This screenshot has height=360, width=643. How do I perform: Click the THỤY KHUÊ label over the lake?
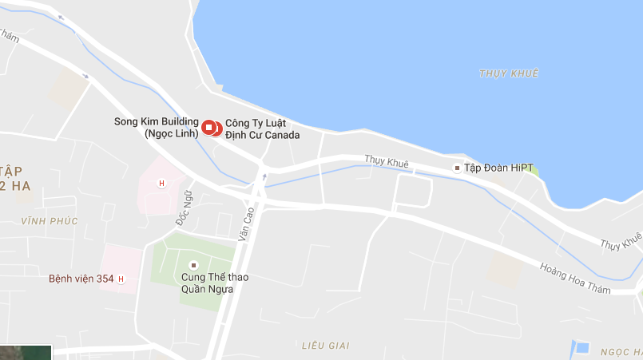[509, 73]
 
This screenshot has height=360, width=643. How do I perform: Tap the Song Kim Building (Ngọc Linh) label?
[157, 128]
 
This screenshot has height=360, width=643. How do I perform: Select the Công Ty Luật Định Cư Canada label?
[262, 129]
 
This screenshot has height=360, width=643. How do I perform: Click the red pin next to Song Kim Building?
[209, 127]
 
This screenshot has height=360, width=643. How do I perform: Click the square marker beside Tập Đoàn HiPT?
[457, 168]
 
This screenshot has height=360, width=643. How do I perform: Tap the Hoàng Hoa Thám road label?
[575, 279]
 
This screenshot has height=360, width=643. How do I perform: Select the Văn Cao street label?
[248, 224]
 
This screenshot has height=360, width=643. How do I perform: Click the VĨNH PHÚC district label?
[50, 221]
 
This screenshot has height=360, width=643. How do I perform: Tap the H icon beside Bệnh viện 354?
[121, 279]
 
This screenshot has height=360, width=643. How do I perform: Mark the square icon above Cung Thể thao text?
[192, 265]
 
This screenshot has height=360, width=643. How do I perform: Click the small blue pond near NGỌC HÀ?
[582, 348]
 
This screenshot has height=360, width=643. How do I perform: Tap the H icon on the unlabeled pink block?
[162, 184]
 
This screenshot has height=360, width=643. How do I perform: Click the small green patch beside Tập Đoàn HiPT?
[533, 170]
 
